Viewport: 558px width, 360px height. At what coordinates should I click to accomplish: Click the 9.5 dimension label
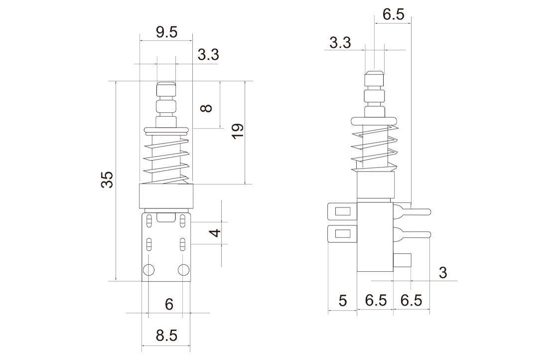166,33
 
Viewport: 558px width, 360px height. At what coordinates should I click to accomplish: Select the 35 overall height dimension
107,180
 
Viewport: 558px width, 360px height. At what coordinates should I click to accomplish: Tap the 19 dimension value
237,132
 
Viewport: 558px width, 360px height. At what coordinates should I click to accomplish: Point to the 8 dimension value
206,108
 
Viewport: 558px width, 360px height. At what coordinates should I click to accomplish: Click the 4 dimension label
215,232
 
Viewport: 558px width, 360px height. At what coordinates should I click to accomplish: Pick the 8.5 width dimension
166,336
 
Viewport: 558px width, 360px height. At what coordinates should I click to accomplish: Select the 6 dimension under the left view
169,305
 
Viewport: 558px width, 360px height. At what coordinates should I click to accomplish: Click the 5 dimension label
342,301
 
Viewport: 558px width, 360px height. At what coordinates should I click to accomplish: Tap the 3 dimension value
443,273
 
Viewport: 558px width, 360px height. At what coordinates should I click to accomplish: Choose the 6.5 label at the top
394,14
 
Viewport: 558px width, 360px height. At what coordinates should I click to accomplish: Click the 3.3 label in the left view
208,55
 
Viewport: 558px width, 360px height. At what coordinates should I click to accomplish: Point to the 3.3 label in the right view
340,43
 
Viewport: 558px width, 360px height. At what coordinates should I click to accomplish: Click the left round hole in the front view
149,270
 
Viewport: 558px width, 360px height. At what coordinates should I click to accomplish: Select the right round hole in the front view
184,270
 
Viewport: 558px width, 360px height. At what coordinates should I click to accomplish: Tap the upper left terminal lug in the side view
342,211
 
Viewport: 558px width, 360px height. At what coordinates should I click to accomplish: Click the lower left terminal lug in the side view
342,234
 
